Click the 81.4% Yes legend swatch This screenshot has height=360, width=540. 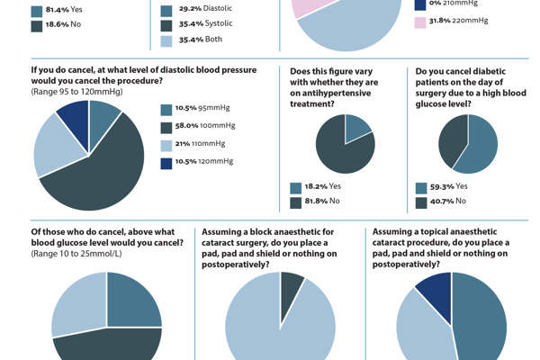click(37, 12)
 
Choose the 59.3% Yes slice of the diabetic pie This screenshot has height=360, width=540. click(481, 144)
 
